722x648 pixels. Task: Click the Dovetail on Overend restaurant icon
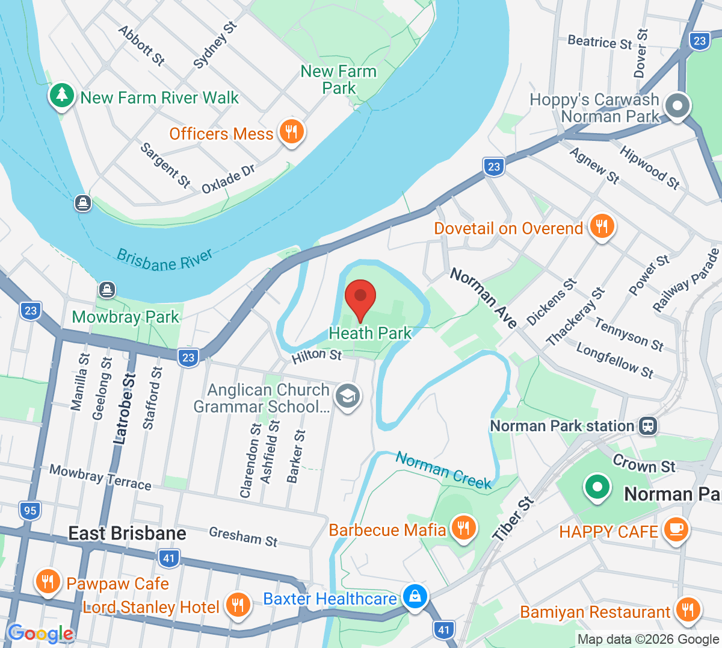(x=601, y=227)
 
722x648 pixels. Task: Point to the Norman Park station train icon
(x=648, y=426)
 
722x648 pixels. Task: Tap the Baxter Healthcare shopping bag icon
(x=415, y=597)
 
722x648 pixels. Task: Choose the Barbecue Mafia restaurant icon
(x=463, y=528)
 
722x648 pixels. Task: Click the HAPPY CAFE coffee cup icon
(x=676, y=529)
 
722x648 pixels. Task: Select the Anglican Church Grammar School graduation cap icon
(x=347, y=396)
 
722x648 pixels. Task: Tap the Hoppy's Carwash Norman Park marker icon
(x=677, y=106)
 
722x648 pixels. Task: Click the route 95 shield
(x=29, y=511)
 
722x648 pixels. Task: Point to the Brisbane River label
(x=164, y=260)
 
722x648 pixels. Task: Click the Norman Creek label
(x=443, y=470)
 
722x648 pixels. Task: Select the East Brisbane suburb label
(x=127, y=534)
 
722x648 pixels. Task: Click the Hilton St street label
(x=316, y=356)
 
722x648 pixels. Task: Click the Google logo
(x=41, y=634)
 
